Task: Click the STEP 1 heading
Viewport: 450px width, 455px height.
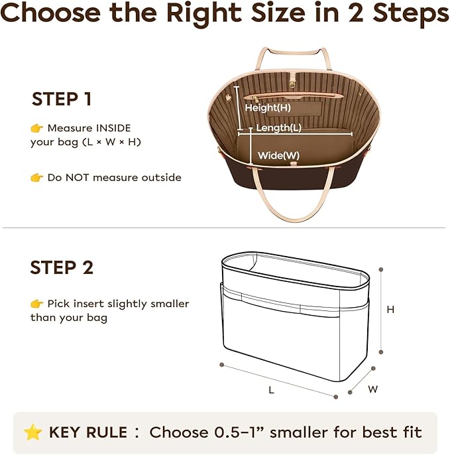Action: point(62,99)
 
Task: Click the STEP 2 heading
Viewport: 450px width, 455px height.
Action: point(62,267)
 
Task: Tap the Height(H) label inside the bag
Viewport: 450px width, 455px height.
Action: point(268,108)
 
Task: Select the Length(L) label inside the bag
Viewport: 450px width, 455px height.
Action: point(278,127)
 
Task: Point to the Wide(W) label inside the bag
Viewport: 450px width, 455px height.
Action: point(278,155)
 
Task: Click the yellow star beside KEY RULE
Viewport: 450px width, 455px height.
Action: point(32,432)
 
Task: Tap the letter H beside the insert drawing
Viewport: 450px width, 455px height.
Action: point(390,310)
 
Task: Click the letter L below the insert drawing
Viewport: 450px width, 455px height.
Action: point(272,390)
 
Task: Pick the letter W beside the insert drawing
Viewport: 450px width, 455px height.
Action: point(373,389)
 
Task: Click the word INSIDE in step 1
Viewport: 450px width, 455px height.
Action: point(113,128)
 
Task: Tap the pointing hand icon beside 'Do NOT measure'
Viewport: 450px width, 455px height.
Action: point(37,177)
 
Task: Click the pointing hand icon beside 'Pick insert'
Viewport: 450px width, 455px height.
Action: point(37,304)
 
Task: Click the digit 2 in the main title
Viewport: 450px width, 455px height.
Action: point(356,13)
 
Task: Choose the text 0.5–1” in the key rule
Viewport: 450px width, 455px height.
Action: point(239,432)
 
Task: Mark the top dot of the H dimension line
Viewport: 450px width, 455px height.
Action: point(381,269)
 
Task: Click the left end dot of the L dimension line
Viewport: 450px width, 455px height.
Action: point(222,365)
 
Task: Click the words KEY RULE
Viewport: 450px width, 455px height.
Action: point(88,432)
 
